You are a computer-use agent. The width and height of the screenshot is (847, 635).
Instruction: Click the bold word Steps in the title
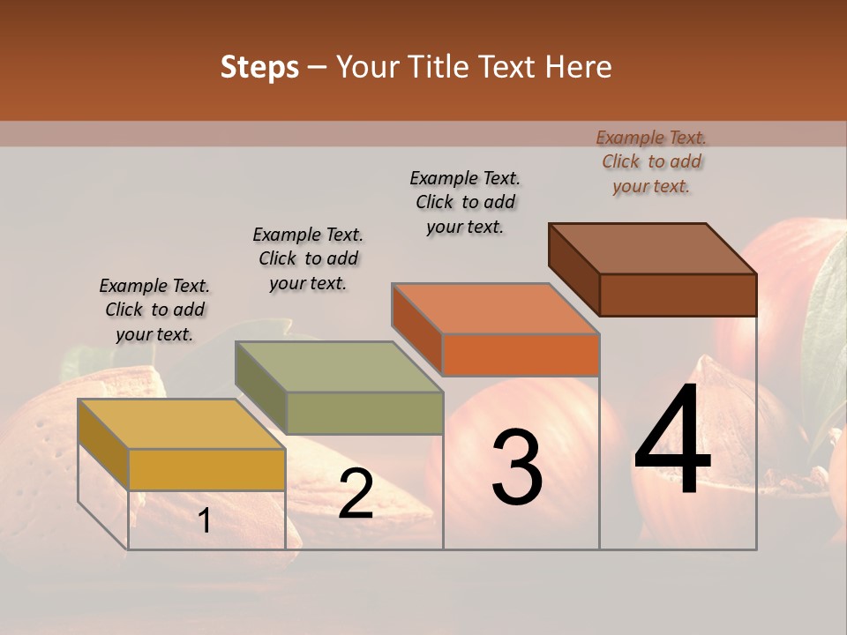pos(259,67)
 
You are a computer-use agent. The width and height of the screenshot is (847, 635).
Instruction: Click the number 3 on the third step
pos(517,467)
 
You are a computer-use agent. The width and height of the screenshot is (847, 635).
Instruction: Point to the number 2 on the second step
pos(356,495)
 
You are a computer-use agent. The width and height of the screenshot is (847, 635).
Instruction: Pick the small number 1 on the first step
pos(204,521)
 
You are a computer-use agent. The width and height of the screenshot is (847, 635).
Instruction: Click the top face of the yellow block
pos(181,423)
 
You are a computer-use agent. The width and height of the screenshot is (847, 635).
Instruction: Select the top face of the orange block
pos(495,309)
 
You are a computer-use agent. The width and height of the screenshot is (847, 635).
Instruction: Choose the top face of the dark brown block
pos(653,249)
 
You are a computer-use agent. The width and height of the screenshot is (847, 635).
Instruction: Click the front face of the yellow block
pos(207,469)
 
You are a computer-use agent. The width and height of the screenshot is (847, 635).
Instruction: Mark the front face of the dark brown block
pos(678,295)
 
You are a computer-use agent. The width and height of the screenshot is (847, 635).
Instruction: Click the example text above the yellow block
pos(154,310)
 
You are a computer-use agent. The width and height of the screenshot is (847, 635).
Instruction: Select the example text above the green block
pos(308,258)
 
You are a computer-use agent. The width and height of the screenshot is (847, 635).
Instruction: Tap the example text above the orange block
pos(465,202)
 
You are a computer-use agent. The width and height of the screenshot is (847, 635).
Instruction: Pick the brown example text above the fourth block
pos(651,161)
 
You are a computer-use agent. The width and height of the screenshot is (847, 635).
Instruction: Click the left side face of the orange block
pos(416,327)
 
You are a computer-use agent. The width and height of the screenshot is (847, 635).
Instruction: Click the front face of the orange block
pos(521,355)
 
